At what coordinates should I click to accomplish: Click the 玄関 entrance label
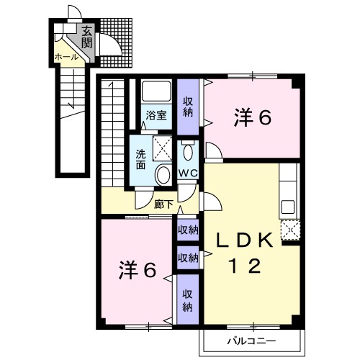point(86,37)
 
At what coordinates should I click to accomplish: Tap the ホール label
point(66,57)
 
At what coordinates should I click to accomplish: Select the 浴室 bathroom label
point(156,115)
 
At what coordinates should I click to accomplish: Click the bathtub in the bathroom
point(156,91)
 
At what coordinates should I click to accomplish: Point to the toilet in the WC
point(188,151)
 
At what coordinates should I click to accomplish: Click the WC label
point(188,173)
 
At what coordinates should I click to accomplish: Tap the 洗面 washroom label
point(140,159)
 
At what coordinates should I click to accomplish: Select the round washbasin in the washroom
point(163,174)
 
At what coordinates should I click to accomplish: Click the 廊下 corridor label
point(163,204)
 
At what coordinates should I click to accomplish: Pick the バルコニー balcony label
point(251,341)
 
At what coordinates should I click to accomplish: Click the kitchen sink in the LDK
point(288,207)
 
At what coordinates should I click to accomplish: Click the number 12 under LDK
point(246,266)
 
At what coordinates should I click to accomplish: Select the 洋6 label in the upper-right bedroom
point(253,117)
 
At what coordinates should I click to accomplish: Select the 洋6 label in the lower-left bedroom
point(138,270)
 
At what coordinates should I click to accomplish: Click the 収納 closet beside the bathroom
point(188,107)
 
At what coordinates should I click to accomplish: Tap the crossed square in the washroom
point(163,148)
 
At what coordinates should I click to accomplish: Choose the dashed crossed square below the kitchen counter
point(290,230)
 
